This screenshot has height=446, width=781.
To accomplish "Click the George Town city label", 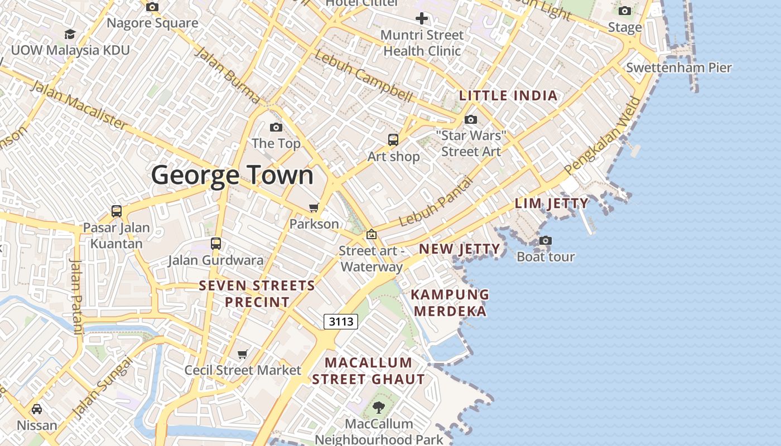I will click(x=232, y=175).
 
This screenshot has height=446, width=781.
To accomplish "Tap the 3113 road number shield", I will click(x=340, y=321).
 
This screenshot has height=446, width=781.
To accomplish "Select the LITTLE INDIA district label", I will click(x=508, y=95).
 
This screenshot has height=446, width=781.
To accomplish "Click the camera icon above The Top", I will click(x=276, y=128).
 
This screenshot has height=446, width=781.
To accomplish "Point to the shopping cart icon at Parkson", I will click(x=314, y=208).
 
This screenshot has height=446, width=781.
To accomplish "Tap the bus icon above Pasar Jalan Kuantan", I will click(x=116, y=211).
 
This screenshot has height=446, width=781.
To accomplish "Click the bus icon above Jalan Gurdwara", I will click(x=216, y=244).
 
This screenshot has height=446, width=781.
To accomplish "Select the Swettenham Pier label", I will click(x=678, y=67).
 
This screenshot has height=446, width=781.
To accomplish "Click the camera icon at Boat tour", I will click(x=545, y=241).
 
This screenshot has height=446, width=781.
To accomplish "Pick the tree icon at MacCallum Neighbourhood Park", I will click(x=379, y=408).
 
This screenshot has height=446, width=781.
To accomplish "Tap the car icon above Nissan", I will click(x=37, y=409).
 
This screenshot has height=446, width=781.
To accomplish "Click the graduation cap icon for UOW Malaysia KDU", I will click(x=70, y=35).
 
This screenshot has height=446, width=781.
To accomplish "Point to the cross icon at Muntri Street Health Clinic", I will click(x=422, y=18).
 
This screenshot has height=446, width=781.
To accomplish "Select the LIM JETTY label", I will click(x=551, y=203).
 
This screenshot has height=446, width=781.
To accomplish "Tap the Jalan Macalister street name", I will click(x=78, y=105).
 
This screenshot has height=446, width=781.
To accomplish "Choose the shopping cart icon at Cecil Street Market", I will click(x=243, y=354).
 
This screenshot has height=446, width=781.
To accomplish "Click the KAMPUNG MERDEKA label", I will click(x=450, y=303).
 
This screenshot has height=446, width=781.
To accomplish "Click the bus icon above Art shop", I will click(x=393, y=140).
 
